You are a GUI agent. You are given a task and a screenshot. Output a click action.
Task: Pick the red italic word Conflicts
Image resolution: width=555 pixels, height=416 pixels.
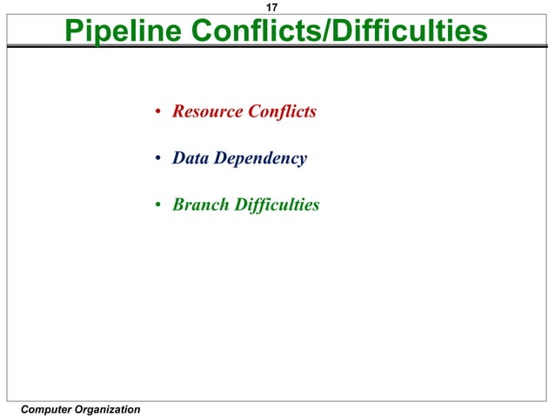[x=282, y=112]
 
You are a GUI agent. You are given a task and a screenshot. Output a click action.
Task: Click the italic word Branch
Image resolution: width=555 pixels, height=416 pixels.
[x=198, y=205]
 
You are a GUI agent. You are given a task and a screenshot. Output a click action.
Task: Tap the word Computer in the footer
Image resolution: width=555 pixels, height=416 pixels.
[x=49, y=409]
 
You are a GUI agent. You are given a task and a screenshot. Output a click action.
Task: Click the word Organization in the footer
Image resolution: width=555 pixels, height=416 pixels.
[x=110, y=409]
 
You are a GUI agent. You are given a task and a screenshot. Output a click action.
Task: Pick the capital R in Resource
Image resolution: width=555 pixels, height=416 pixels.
[x=178, y=112]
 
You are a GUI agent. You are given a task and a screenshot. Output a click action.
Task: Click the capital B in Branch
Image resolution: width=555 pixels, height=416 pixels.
[x=178, y=205]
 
